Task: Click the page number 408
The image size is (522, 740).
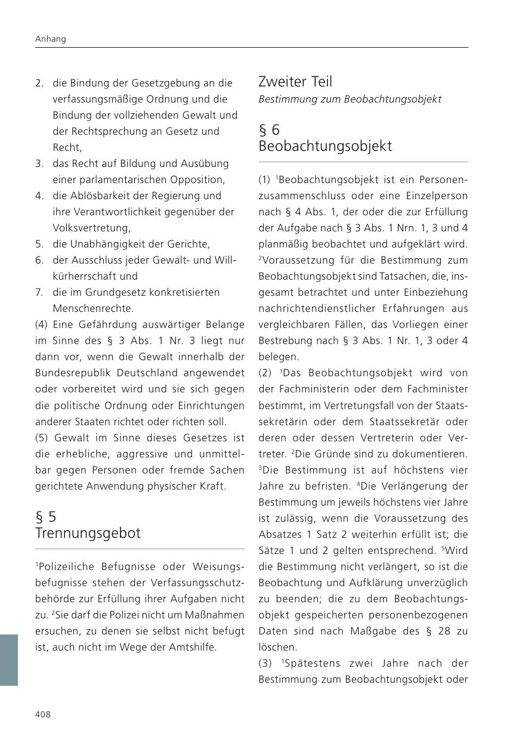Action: pyautogui.click(x=43, y=714)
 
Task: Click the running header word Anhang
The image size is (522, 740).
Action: pyautogui.click(x=51, y=39)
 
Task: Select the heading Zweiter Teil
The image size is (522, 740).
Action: pyautogui.click(x=295, y=82)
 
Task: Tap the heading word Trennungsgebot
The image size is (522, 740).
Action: pyautogui.click(x=88, y=533)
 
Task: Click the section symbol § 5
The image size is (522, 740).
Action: pyautogui.click(x=46, y=516)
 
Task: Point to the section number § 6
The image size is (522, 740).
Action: pyautogui.click(x=269, y=130)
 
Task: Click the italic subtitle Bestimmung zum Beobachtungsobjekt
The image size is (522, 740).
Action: pyautogui.click(x=350, y=99)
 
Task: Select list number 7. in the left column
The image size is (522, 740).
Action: pyautogui.click(x=39, y=292)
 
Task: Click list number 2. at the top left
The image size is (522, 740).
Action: pyautogui.click(x=39, y=83)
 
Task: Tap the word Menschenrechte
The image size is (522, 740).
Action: pyautogui.click(x=93, y=308)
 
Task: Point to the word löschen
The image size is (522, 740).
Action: pyautogui.click(x=277, y=647)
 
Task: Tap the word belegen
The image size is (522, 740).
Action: pyautogui.click(x=278, y=357)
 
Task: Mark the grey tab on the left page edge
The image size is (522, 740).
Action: pyautogui.click(x=9, y=660)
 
